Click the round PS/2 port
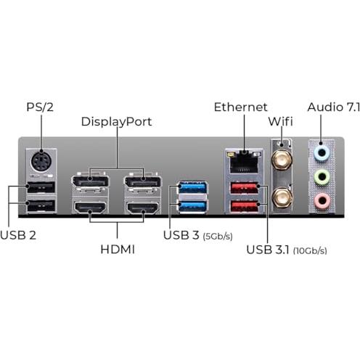41,162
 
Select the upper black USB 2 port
41,187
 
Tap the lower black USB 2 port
41,206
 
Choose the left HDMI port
90,208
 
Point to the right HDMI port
143,208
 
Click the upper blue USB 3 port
192,187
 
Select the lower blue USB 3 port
192,206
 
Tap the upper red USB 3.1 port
245,188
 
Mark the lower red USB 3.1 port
245,206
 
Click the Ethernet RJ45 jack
244,162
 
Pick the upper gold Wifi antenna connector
282,160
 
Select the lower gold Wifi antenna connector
282,197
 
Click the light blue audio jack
322,153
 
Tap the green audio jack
322,177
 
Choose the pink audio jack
322,200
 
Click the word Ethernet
241,107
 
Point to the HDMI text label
118,249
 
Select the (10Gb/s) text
310,250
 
